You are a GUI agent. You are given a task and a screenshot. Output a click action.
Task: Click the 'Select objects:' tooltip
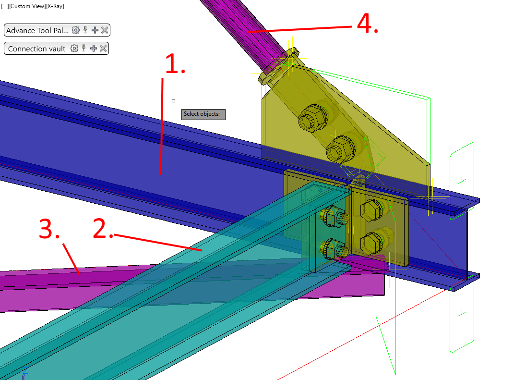(x=203, y=114)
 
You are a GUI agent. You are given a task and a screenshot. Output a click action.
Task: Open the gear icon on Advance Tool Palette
(x=75, y=30)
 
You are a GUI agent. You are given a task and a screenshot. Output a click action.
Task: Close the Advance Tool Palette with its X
(x=105, y=30)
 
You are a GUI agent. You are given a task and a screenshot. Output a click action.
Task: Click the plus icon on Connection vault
(x=94, y=49)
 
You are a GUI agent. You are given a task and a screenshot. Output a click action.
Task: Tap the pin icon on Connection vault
(x=84, y=49)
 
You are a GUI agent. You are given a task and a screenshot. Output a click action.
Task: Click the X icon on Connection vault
(x=103, y=49)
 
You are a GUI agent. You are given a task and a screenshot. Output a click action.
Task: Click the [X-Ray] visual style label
(x=55, y=6)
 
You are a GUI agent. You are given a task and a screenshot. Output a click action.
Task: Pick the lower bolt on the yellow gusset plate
(x=340, y=149)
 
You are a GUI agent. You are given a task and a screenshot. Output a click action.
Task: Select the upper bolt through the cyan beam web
(x=332, y=216)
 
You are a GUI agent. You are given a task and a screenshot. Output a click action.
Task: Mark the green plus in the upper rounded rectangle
(x=462, y=181)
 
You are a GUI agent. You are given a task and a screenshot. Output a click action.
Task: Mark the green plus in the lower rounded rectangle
(x=462, y=314)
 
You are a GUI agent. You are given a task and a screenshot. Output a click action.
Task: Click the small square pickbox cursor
(x=173, y=100)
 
